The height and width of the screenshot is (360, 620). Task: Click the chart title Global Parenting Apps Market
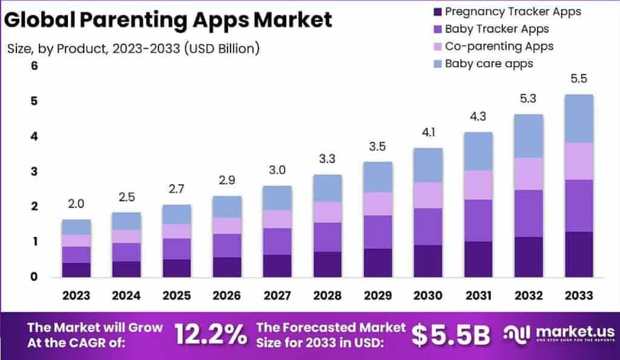[x=169, y=19]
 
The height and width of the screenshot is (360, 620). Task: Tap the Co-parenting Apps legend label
[x=499, y=46]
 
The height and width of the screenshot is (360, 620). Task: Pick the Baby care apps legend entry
[x=489, y=63]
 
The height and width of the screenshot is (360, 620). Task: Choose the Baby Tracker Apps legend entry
[x=496, y=28]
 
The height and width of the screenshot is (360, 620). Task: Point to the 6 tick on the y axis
[x=35, y=66]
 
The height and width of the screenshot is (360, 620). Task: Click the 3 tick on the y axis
[x=35, y=171]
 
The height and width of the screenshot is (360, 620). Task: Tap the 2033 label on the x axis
[x=579, y=295]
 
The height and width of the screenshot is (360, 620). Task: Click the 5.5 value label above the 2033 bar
[x=579, y=79]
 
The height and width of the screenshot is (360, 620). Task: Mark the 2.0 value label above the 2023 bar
[x=76, y=204]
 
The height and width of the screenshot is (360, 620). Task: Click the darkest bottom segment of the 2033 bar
[x=579, y=254]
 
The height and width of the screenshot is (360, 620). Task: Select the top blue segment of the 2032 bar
[x=528, y=136]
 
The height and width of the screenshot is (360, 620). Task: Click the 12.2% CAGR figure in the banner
[x=210, y=335]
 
